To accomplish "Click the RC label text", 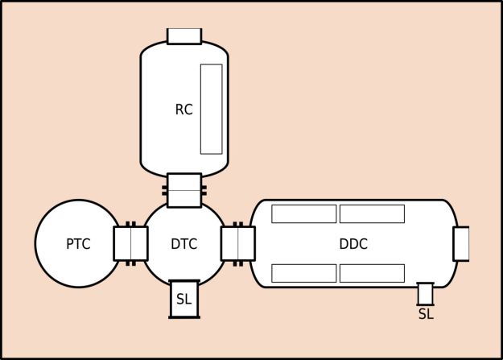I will click(183, 110).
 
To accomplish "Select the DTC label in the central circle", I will click(184, 243).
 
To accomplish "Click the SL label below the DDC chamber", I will click(426, 314).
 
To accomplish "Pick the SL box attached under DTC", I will click(184, 299).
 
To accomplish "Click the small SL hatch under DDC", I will click(426, 293).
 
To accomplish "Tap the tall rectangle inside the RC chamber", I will click(211, 109).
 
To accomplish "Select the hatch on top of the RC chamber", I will click(184, 36).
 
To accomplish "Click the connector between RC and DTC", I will click(184, 190).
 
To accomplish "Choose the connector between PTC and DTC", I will click(130, 243).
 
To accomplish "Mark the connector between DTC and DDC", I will click(237, 243).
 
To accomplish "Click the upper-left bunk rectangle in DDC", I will click(303, 213).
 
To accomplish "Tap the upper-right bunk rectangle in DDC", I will click(372, 213).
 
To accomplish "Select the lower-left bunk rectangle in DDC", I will click(303, 273).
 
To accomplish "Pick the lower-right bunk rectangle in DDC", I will click(372, 273).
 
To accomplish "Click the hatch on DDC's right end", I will click(461, 244).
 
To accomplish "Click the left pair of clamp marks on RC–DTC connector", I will click(164, 192).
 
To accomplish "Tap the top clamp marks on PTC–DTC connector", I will click(130, 224).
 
